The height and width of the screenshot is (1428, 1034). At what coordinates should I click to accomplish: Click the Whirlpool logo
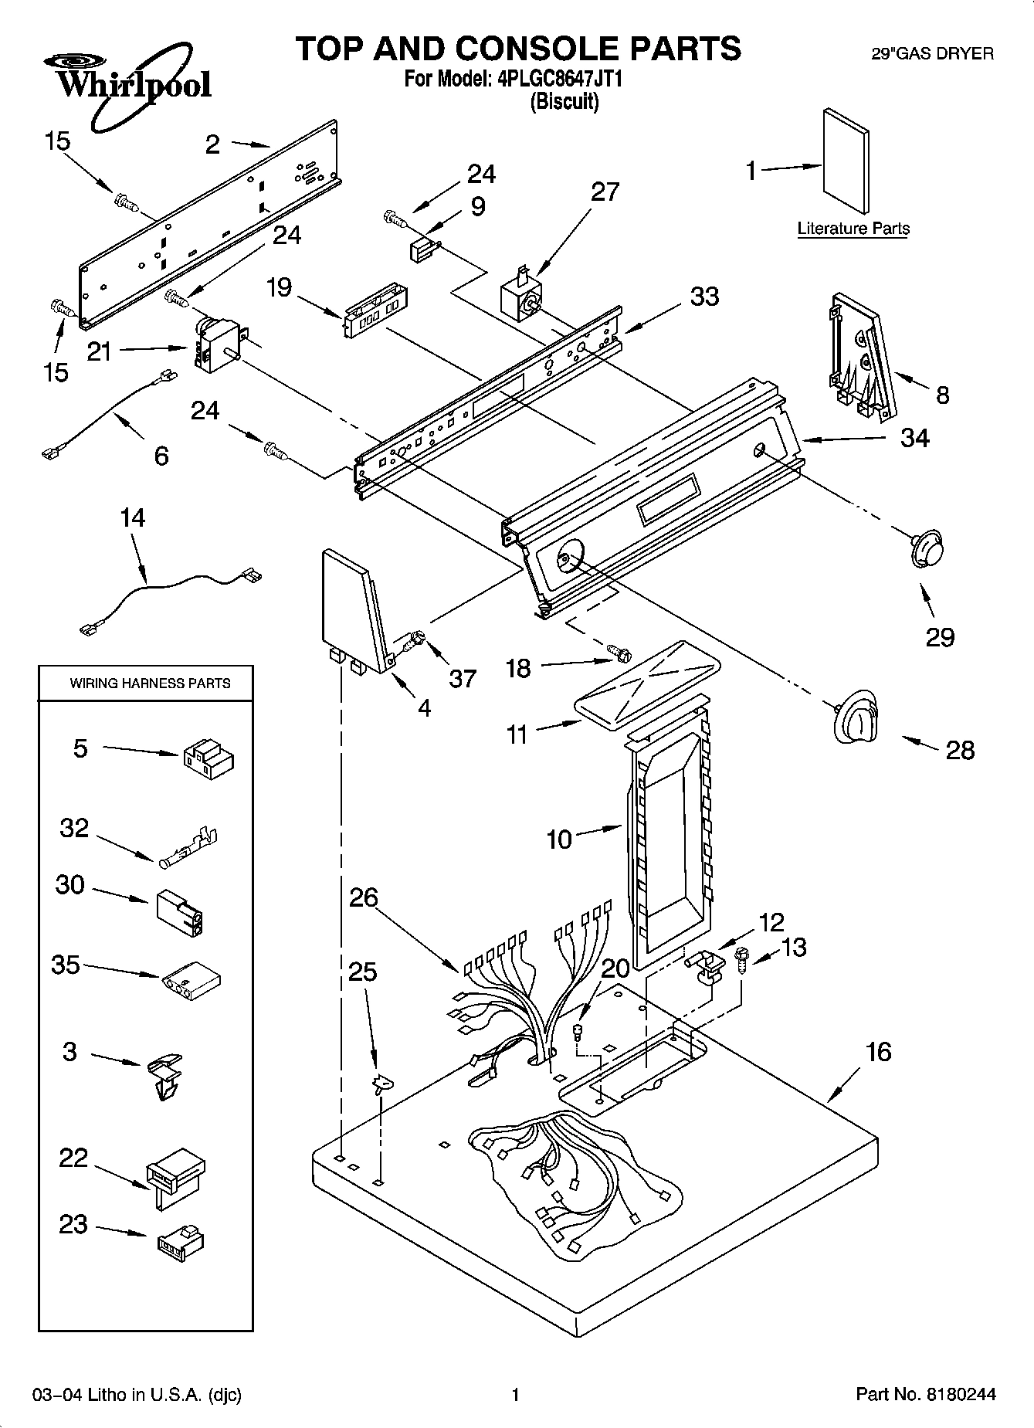pyautogui.click(x=127, y=82)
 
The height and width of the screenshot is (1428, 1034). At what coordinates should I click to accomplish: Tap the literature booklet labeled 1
pyautogui.click(x=846, y=161)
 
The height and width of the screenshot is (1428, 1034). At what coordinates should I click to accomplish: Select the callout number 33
pyautogui.click(x=703, y=297)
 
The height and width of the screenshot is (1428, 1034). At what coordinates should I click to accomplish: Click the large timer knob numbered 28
pyautogui.click(x=856, y=719)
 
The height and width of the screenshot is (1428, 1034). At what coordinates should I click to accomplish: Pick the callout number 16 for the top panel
pyautogui.click(x=878, y=1051)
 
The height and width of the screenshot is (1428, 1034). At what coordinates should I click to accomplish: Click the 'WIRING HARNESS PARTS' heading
pyautogui.click(x=150, y=683)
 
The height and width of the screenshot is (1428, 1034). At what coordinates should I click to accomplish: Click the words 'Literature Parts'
pyautogui.click(x=853, y=229)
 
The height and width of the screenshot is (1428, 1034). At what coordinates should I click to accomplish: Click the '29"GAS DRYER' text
pyautogui.click(x=932, y=54)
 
